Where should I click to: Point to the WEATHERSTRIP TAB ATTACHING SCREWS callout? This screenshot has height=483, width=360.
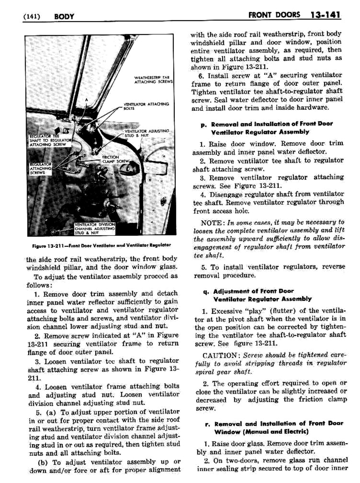coord(153,80)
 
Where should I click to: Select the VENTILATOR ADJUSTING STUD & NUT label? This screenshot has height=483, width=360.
coord(147,133)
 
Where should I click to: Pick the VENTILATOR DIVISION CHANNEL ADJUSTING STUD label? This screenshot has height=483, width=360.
coord(95,229)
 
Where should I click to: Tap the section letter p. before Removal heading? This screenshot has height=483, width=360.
coord(203,124)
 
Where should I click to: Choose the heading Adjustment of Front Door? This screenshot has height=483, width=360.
coord(254,291)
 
